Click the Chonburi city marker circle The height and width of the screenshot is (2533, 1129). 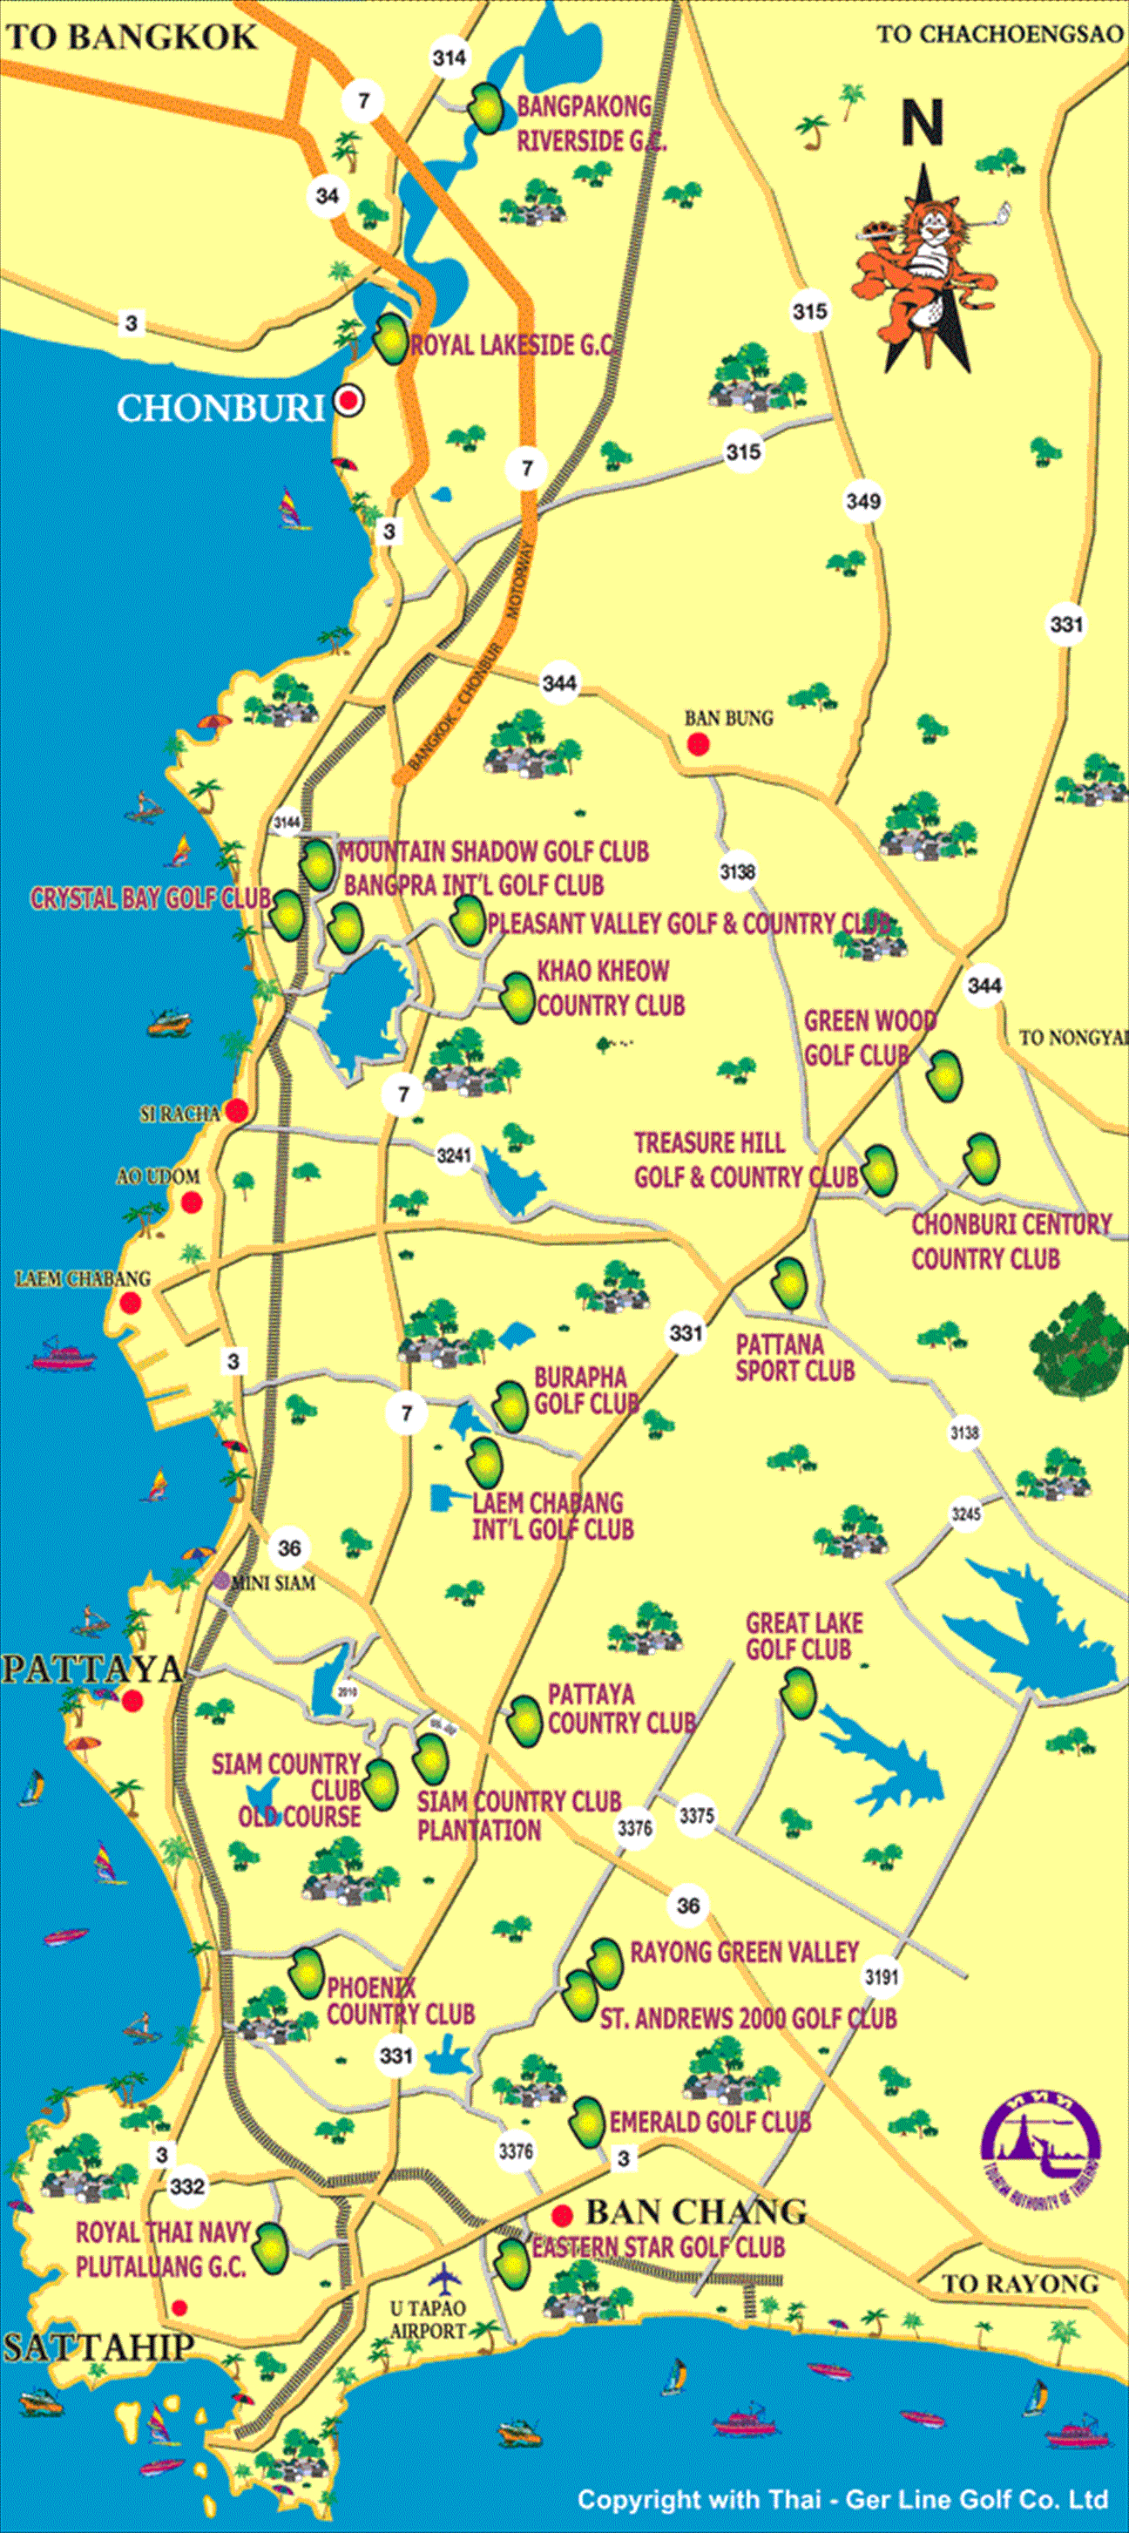point(348,401)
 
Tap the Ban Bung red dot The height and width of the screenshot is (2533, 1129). point(699,744)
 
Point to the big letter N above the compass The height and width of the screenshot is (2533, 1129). point(923,124)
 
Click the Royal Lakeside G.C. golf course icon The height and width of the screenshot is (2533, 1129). point(391,339)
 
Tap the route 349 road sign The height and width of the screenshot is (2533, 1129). point(862,502)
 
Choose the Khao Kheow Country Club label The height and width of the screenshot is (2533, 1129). point(610,988)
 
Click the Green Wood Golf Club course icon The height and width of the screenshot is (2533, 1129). point(944,1077)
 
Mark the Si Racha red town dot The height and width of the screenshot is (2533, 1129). point(237,1111)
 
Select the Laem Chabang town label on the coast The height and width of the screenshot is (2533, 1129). point(83,1278)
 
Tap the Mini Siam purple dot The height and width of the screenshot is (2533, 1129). point(222,1581)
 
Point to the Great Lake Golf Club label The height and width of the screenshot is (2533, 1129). point(803,1636)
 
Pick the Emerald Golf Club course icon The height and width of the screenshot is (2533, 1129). point(587,2121)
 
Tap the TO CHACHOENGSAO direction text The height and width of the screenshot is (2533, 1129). point(999,34)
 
